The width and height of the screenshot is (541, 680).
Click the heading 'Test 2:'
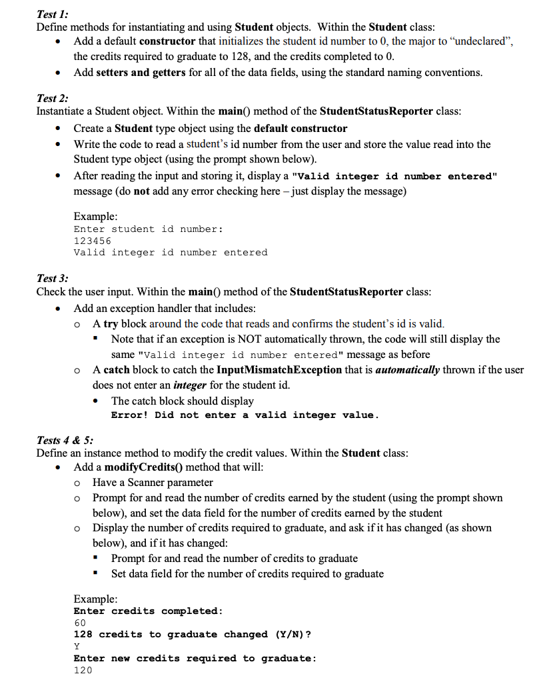pyautogui.click(x=52, y=97)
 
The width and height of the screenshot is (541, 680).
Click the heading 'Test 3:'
pyautogui.click(x=52, y=278)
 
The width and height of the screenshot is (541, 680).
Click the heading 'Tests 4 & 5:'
pyautogui.click(x=65, y=439)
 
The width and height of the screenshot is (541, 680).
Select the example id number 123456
pyautogui.click(x=92, y=241)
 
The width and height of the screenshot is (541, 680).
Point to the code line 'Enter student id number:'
pyautogui.click(x=148, y=229)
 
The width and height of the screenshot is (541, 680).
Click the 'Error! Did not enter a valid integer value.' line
pyautogui.click(x=245, y=415)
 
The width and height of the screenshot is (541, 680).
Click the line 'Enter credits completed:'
pyautogui.click(x=148, y=611)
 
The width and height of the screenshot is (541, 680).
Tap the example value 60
pyautogui.click(x=79, y=623)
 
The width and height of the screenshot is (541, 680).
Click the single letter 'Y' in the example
pyautogui.click(x=77, y=646)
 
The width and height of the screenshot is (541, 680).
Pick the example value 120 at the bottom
pyautogui.click(x=83, y=670)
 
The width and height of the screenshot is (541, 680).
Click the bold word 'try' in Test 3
pyautogui.click(x=110, y=323)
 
